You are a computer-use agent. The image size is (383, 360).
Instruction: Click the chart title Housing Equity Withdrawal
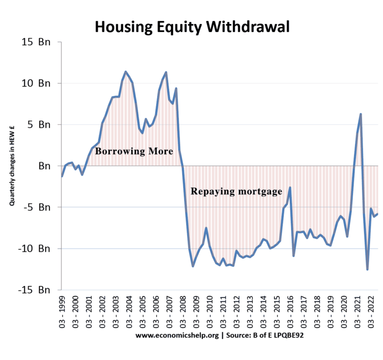coord(192,26)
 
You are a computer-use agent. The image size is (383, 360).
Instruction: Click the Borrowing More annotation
coord(134,150)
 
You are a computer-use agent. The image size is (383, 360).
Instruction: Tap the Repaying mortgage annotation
coord(236,191)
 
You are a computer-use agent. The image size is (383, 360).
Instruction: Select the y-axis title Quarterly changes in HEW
coord(11,166)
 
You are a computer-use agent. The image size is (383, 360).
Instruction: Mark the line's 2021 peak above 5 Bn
coord(361,114)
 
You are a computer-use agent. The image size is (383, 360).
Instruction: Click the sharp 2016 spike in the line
coord(290,188)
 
